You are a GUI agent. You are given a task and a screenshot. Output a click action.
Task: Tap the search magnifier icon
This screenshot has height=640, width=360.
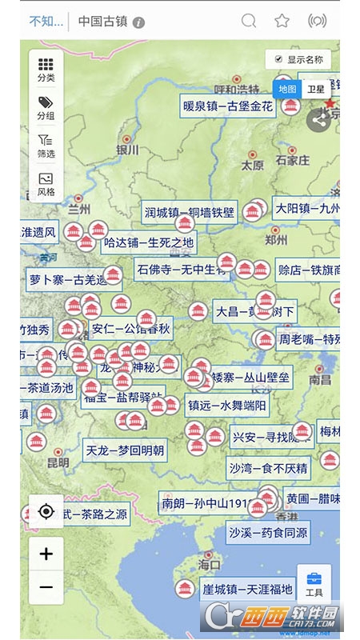point(250,22)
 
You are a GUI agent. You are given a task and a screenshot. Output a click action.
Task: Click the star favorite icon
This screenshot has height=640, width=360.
point(282,22)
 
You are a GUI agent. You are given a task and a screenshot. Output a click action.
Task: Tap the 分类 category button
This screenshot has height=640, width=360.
point(46,70)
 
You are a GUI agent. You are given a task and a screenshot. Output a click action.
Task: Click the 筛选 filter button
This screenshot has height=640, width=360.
point(46,146)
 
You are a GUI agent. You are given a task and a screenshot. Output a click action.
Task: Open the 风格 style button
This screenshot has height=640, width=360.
point(46,184)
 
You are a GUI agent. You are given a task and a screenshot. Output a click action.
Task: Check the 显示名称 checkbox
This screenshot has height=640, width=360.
point(278,59)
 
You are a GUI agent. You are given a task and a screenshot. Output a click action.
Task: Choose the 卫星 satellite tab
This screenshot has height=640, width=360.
point(317,90)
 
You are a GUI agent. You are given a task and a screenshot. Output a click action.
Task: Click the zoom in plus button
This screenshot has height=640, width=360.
point(46,554)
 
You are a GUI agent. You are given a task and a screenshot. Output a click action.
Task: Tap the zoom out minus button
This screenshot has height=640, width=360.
point(46,587)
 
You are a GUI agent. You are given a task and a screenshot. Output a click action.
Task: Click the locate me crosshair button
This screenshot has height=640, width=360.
point(46,512)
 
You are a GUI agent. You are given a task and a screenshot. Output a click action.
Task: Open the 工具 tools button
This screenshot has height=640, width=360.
point(314,584)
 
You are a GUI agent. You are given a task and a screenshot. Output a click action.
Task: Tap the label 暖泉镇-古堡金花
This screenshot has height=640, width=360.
point(228,106)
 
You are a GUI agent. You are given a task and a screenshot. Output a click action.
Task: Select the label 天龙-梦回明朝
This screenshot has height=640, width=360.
point(126,450)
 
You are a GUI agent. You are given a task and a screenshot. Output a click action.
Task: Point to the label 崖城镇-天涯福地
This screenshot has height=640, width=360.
point(247,590)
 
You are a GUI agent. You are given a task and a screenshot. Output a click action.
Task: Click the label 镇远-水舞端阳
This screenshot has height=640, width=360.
point(226,405)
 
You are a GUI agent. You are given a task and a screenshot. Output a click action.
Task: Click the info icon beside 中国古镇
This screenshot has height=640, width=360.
point(139,22)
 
